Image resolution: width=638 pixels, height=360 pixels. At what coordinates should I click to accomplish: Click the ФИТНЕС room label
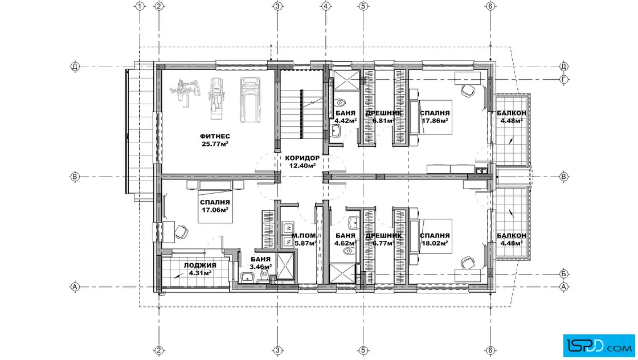[x=215, y=136]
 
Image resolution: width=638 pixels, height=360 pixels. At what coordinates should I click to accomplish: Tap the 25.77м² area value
[x=215, y=144]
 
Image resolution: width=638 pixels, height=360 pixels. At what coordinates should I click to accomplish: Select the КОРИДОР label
[x=302, y=158]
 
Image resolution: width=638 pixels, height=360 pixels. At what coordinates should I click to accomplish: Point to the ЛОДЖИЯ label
[x=200, y=265]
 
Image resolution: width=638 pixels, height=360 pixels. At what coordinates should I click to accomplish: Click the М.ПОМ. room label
[x=304, y=235]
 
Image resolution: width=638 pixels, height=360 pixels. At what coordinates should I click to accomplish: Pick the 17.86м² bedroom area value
[x=435, y=120]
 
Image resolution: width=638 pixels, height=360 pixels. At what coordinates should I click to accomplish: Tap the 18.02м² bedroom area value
[x=435, y=243]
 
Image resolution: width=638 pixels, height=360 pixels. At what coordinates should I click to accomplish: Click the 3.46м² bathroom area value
[x=260, y=267]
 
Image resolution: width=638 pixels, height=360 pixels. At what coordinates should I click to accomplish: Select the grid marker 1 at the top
[x=140, y=6]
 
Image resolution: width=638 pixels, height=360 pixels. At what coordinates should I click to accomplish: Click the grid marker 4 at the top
[x=325, y=6]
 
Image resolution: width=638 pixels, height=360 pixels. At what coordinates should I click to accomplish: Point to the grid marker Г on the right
[x=563, y=79]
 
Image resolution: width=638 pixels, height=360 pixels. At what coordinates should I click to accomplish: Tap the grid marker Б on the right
[x=563, y=274]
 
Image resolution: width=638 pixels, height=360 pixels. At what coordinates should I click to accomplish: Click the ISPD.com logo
[x=599, y=345]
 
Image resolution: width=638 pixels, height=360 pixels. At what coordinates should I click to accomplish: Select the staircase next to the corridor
[x=292, y=114]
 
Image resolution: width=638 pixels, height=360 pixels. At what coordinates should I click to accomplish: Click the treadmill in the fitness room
[x=248, y=100]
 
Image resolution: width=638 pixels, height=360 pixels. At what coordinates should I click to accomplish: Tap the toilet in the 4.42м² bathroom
[x=339, y=102]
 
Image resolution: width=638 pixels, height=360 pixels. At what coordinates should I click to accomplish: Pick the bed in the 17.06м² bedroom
[x=215, y=202]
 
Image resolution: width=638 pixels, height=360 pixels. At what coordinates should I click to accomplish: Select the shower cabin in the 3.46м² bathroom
[x=285, y=267]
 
